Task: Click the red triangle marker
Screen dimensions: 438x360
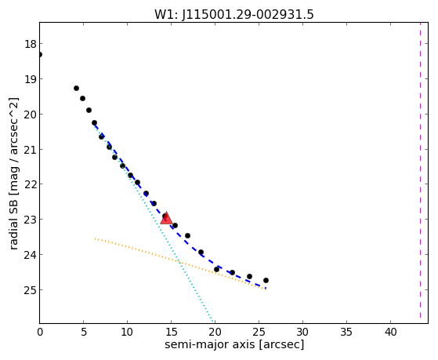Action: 166,218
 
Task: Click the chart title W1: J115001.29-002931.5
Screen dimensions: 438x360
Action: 234,14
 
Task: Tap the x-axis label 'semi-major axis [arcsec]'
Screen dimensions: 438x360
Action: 234,344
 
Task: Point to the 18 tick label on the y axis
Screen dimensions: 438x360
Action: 30,44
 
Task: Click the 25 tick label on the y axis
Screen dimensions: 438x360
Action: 30,290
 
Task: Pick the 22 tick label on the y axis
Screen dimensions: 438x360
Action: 30,184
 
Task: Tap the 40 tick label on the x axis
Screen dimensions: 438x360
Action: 390,332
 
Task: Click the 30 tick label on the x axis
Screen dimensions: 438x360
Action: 302,332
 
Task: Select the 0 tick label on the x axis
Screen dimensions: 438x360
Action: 40,332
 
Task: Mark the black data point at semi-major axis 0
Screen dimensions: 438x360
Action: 40,54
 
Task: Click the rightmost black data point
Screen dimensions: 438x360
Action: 266,280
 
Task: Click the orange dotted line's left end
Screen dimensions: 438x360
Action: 95,238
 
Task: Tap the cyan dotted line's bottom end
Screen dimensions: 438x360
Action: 213,322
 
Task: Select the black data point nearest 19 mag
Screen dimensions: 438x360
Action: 76,88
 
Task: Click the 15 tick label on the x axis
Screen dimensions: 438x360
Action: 172,332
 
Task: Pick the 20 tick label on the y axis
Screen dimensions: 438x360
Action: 30,115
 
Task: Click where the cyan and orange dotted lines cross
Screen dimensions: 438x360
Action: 179,263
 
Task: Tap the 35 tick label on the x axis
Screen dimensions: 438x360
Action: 346,332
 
